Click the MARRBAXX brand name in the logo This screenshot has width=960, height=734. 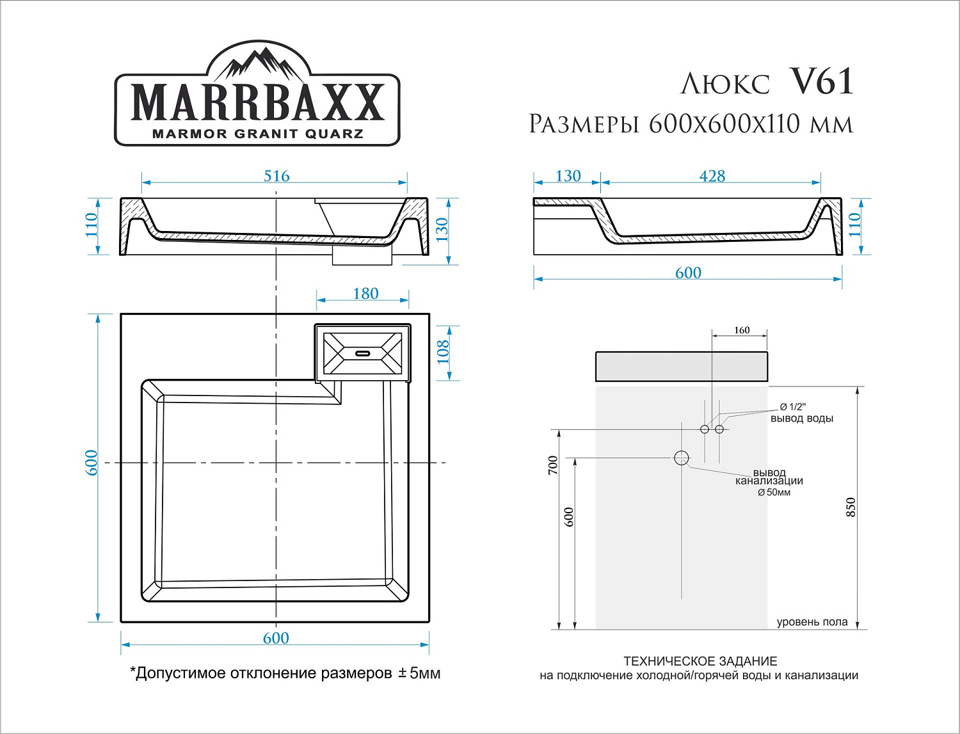pyautogui.click(x=257, y=102)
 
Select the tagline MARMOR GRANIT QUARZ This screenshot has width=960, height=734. pyautogui.click(x=257, y=134)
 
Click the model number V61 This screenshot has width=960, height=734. pyautogui.click(x=822, y=82)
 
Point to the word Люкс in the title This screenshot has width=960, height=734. pyautogui.click(x=725, y=84)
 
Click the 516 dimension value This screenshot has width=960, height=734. pyautogui.click(x=276, y=176)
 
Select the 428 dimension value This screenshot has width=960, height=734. pyautogui.click(x=712, y=176)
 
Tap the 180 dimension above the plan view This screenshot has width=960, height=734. pyautogui.click(x=365, y=294)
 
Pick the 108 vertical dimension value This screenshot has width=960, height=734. pyautogui.click(x=443, y=352)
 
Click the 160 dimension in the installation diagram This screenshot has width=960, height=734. pyautogui.click(x=742, y=330)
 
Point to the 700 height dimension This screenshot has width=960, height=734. pyautogui.click(x=553, y=465)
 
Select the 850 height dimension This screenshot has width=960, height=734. pyautogui.click(x=851, y=507)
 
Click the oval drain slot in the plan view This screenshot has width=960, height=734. pyautogui.click(x=363, y=353)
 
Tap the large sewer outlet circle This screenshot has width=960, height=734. pyautogui.click(x=681, y=458)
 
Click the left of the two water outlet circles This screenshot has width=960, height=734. pyautogui.click(x=705, y=429)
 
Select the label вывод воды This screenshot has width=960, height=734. pyautogui.click(x=801, y=419)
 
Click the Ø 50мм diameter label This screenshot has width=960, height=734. pyautogui.click(x=774, y=493)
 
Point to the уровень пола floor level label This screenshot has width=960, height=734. pyautogui.click(x=812, y=622)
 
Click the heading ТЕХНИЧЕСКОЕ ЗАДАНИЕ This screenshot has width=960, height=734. pyautogui.click(x=700, y=661)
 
